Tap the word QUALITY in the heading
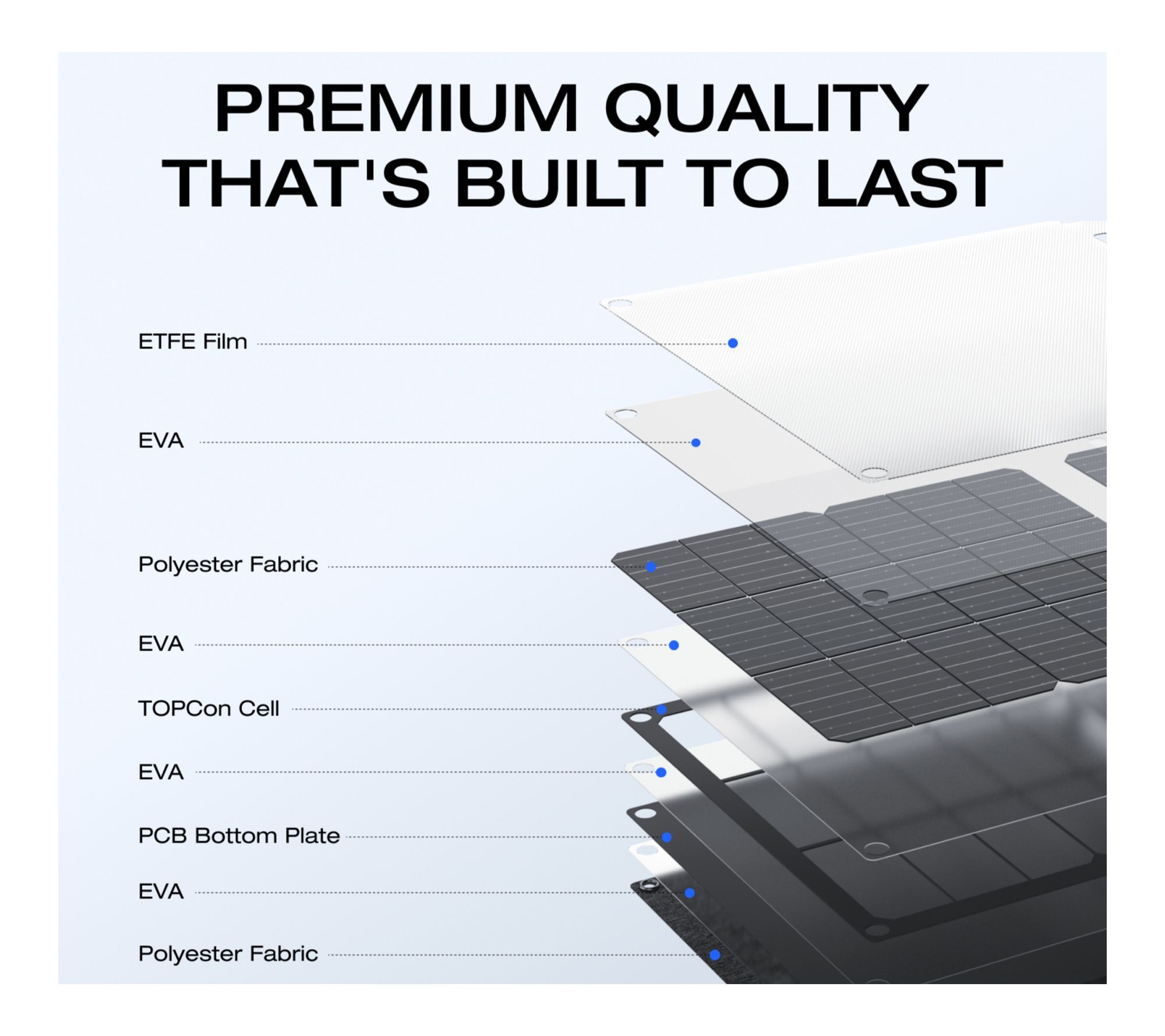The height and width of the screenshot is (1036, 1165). coord(765,110)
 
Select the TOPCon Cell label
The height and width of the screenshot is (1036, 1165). coord(209,709)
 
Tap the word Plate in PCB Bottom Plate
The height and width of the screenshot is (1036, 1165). coord(312,836)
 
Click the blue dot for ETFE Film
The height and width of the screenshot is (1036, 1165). coord(733,343)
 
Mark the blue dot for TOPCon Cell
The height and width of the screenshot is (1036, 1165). coord(661,710)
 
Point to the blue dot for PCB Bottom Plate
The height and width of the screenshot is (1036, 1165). coord(666,837)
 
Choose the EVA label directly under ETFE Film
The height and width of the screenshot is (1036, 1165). coord(161,441)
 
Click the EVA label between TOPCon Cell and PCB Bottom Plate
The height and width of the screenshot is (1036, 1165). coord(161,772)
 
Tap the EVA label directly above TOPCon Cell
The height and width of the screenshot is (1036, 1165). coord(161,644)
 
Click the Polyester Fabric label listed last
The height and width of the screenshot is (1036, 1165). coord(228,954)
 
